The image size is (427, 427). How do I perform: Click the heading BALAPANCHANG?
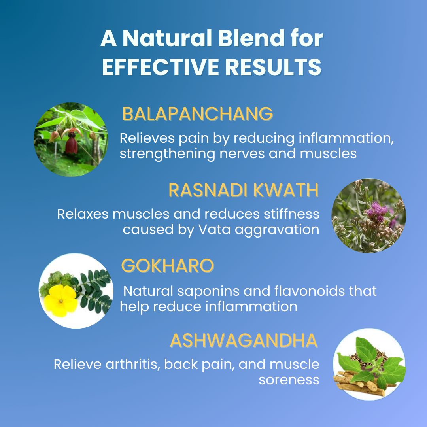pyautogui.click(x=197, y=114)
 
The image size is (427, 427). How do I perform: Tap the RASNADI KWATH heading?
pyautogui.click(x=244, y=190)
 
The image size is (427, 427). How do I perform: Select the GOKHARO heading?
pyautogui.click(x=167, y=266)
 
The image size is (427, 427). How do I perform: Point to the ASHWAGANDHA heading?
pyautogui.click(x=244, y=341)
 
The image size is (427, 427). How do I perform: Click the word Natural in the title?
pyautogui.click(x=161, y=40)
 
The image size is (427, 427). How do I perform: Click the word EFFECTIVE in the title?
pyautogui.click(x=161, y=67)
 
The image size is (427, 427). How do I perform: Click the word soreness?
pyautogui.click(x=289, y=380)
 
